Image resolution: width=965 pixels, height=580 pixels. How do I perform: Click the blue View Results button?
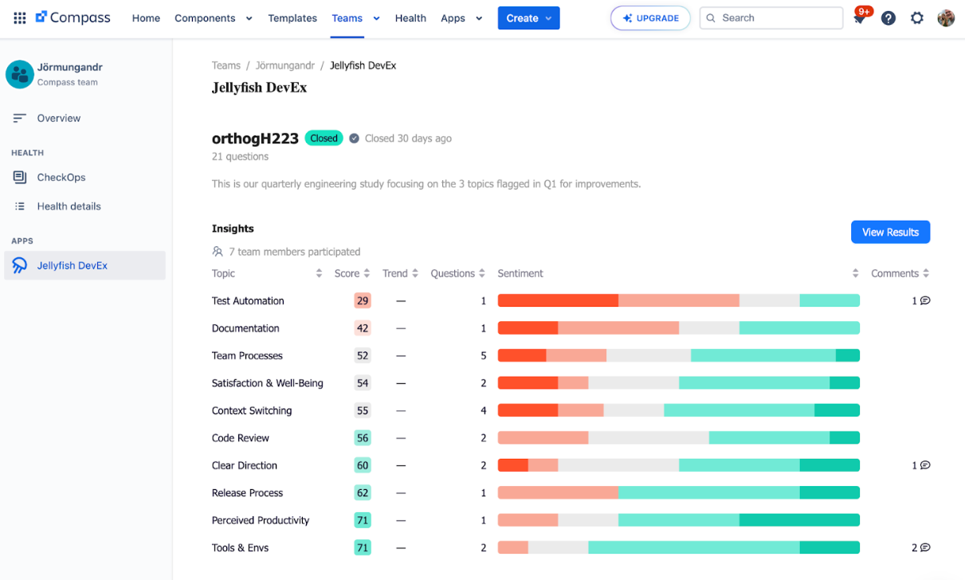(890, 232)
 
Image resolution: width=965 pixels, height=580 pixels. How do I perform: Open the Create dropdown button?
(528, 18)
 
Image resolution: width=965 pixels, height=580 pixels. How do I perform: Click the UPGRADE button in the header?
(650, 18)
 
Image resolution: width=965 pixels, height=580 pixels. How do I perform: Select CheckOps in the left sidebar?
(61, 177)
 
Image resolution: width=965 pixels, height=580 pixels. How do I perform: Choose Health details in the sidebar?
(69, 206)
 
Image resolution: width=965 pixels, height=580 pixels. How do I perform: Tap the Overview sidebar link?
(58, 118)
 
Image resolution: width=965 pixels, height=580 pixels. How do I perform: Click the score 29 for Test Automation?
(363, 300)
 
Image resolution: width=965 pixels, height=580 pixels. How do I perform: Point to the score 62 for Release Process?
(363, 493)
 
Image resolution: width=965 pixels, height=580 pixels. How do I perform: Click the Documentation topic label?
(245, 328)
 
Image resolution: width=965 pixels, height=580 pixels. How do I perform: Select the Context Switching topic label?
(252, 410)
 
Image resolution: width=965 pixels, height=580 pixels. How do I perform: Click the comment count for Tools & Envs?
(920, 548)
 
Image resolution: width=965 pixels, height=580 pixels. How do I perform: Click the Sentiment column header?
(520, 273)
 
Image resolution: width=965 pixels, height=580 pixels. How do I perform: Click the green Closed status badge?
(324, 138)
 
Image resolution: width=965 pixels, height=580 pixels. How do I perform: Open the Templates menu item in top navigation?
(292, 18)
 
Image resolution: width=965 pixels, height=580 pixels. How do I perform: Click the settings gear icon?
(917, 18)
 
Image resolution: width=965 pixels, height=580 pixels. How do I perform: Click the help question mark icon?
(889, 18)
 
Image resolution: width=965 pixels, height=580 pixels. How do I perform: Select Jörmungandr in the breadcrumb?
(285, 65)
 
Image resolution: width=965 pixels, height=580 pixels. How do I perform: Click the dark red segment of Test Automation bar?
(558, 300)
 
